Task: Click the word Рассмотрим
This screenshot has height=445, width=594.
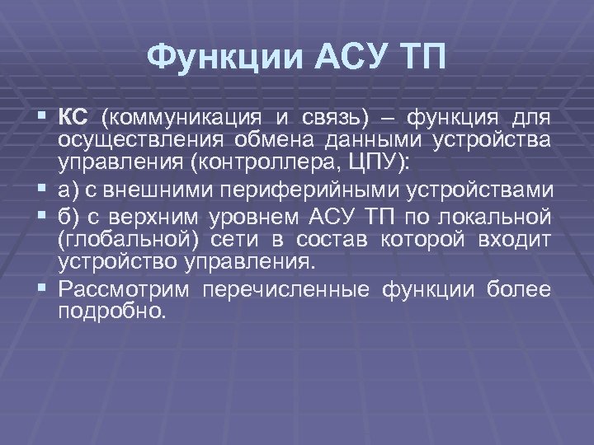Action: (124, 289)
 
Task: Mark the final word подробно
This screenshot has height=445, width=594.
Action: (111, 312)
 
